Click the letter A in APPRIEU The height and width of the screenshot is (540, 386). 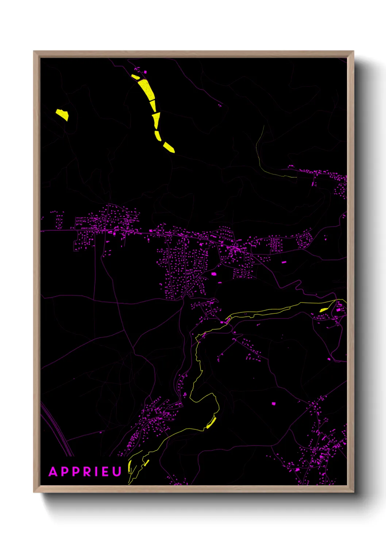click(53, 472)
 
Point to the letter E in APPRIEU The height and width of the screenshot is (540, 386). click(105, 472)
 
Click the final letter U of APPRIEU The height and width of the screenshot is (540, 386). click(116, 472)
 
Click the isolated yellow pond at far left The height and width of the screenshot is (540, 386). click(62, 114)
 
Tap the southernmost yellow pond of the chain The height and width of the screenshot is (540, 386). click(169, 147)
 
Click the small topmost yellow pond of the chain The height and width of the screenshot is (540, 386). click(135, 77)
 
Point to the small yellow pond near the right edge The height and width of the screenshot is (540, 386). click(323, 310)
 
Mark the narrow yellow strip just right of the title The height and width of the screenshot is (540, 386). click(130, 467)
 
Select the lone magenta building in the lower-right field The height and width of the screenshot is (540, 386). click(273, 404)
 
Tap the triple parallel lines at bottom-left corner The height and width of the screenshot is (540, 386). click(57, 431)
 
